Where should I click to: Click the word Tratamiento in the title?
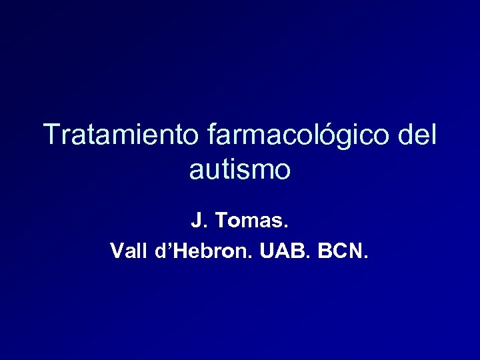(x=120, y=135)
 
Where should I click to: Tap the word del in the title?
(x=417, y=135)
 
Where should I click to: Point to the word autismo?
(x=240, y=170)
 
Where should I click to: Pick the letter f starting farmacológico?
(x=213, y=135)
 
